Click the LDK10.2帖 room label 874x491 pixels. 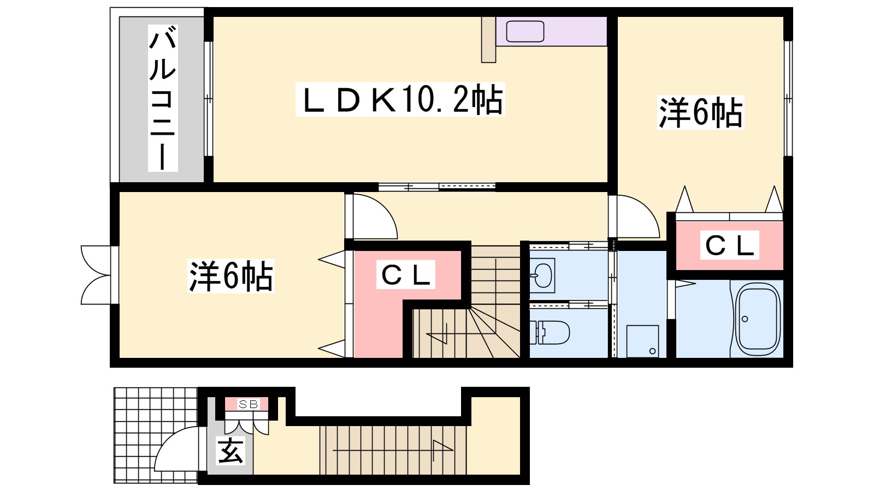(x=400, y=99)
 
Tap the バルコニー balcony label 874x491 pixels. (x=163, y=98)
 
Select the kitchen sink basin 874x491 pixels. (x=525, y=31)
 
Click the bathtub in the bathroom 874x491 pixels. (x=757, y=319)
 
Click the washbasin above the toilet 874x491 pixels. (x=542, y=275)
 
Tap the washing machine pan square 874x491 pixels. (x=642, y=341)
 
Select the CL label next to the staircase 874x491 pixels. (x=405, y=275)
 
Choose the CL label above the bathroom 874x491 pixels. (x=729, y=245)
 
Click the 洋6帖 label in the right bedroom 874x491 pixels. (x=700, y=112)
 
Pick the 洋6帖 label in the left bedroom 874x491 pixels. (x=231, y=276)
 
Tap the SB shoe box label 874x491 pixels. (x=248, y=404)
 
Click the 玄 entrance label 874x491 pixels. (x=231, y=451)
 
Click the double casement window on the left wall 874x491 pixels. (x=96, y=275)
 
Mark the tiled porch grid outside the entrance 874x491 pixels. (x=155, y=435)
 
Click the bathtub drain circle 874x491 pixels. (x=745, y=319)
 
